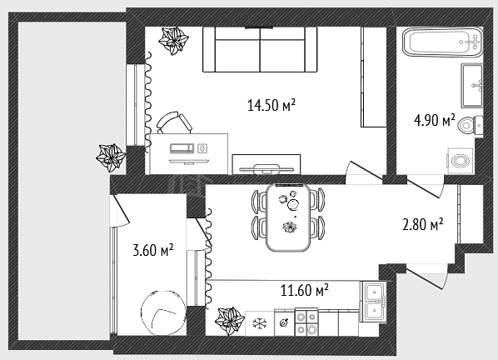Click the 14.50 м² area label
tap(271, 105)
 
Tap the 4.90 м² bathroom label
tap(434, 121)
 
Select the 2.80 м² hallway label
tap(423, 224)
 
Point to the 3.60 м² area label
tap(153, 250)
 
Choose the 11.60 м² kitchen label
tap(304, 290)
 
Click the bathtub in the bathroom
tap(442, 42)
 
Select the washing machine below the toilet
tap(461, 161)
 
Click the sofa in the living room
tap(260, 49)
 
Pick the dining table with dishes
tap(288, 217)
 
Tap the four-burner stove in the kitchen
tap(306, 322)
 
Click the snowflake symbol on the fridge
tap(260, 324)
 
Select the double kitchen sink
tap(373, 302)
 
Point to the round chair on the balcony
tap(163, 313)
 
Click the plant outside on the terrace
tap(111, 157)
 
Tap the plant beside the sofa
tap(173, 41)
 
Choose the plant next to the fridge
tap(230, 322)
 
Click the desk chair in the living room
tap(174, 122)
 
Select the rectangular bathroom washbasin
tap(472, 86)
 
